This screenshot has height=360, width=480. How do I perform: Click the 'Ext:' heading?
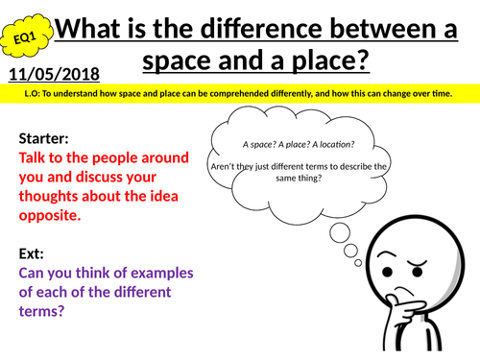tap(34, 253)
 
